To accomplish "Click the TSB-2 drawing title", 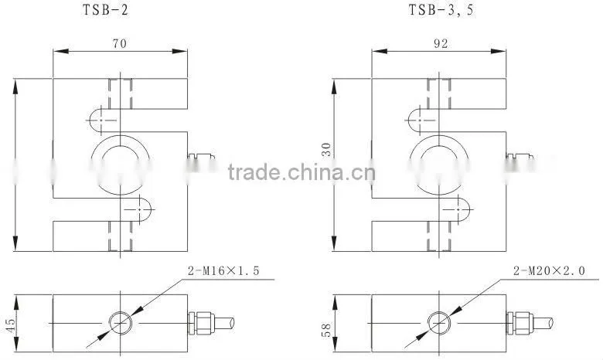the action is (105, 9).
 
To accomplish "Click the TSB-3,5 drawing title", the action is (441, 9).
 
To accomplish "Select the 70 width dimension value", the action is (120, 43).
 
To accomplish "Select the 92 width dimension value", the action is (441, 43).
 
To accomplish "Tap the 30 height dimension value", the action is (326, 149).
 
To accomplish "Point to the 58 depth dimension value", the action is (325, 331).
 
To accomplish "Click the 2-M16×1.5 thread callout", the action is (223, 271).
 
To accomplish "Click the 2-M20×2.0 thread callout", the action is (549, 271).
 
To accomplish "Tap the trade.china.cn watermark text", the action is (301, 172).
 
